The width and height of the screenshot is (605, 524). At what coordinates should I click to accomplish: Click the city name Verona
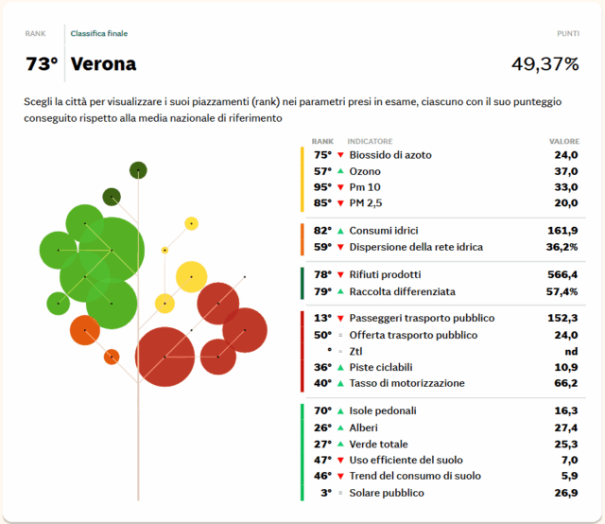tap(103, 64)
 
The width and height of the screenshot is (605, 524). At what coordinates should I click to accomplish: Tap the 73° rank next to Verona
tap(42, 64)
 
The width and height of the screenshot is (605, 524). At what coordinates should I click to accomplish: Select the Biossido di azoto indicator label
tap(391, 155)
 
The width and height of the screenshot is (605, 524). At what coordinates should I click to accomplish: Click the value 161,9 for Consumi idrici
tap(563, 231)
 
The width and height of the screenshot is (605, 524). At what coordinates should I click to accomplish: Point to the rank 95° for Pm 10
tap(322, 187)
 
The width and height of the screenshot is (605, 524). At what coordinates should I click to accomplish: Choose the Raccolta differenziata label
tap(402, 291)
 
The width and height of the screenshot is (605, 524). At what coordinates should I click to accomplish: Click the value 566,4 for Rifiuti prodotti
tap(562, 275)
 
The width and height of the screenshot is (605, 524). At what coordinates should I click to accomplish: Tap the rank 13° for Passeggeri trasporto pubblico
tap(322, 319)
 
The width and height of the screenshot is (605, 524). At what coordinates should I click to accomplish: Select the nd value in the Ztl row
tap(571, 351)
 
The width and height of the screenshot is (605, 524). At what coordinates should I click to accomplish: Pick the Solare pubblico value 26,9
tap(566, 493)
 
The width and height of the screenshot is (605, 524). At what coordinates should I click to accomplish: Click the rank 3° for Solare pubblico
tap(325, 493)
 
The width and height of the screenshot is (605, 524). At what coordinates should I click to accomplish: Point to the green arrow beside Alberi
tap(340, 428)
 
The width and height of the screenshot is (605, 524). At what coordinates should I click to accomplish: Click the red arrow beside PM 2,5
tap(340, 203)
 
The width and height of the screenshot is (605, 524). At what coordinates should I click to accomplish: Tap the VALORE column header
tap(564, 141)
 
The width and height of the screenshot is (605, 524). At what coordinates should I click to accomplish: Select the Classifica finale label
tap(99, 34)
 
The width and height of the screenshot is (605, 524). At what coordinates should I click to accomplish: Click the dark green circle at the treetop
tap(139, 170)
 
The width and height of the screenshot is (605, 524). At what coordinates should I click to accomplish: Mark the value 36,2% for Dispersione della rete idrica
tap(560, 247)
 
